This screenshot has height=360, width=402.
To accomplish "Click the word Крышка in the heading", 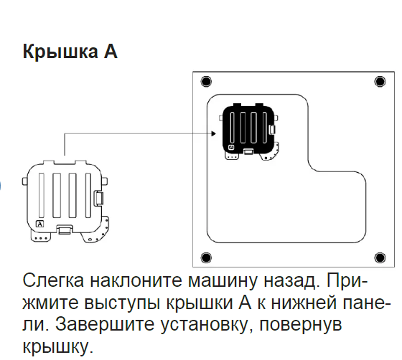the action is coord(60,52).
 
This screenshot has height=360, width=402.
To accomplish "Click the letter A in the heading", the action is coord(111,52).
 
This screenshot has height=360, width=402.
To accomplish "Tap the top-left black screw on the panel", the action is coord(206,82).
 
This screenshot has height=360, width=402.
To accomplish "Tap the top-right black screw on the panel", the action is coord(380,82).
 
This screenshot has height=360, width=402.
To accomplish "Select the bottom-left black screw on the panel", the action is coord(206,257).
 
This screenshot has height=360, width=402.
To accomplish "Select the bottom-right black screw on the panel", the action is coord(380,257).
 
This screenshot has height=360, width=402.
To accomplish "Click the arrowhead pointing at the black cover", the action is coord(213,133).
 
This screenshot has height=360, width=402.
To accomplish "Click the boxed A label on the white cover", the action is coord(40,224).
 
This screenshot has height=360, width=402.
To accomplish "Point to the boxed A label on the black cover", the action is coord(231,147).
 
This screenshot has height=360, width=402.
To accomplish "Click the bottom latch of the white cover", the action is coord(65,229).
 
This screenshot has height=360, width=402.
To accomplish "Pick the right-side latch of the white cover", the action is coord(99,198).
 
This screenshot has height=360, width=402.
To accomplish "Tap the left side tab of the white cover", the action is coord(25,181).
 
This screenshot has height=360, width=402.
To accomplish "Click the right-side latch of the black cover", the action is coord(272,129).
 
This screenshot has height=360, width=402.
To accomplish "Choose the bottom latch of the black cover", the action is coord(248,151).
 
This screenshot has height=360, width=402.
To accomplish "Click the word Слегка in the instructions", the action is coord(53,281).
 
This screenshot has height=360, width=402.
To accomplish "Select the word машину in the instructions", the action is coord(223,281).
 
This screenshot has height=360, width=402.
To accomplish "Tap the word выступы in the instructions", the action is coord(123,303).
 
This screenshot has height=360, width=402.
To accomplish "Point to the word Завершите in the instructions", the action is coord(105,325).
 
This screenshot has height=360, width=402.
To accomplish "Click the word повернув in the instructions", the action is coord(301,326).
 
